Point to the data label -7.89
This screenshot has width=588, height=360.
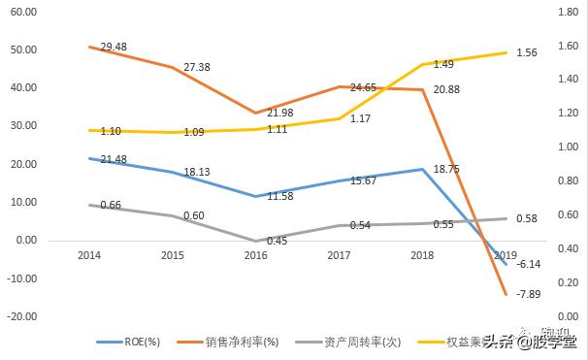point(529,293)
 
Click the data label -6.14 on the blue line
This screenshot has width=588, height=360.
point(529,264)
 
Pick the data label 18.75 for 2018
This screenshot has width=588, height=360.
point(445,168)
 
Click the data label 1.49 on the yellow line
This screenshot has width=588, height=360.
point(444,64)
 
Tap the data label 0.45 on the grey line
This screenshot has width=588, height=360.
point(278,242)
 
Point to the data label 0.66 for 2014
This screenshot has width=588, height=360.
point(112,205)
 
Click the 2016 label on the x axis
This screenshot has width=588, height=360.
point(255,254)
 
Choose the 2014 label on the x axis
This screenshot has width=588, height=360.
point(88,254)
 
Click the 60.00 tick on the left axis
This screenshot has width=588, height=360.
point(21,12)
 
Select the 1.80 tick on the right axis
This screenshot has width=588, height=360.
point(568,12)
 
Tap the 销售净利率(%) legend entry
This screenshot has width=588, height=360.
point(242,342)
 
